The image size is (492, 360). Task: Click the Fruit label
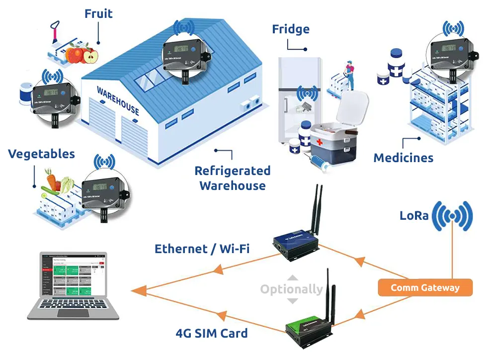pos(98,13)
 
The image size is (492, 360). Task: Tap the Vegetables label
pos(41,154)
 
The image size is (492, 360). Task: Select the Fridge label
pos(291,29)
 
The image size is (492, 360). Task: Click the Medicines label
pos(403,158)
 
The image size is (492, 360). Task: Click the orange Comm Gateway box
pos(425,287)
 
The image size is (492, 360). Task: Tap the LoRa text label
pos(413,216)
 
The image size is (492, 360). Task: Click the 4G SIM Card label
pos(212,333)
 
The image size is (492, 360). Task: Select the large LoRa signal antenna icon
pos(452,216)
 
